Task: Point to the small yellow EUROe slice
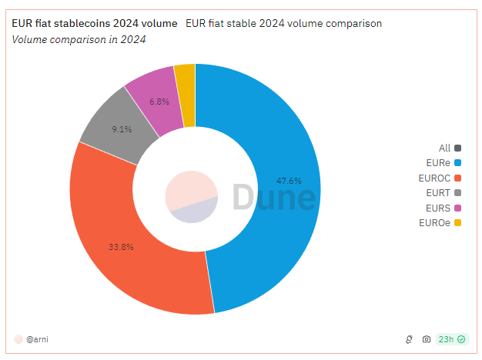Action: tap(185, 77)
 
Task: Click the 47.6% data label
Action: tap(289, 181)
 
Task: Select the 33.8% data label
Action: tap(122, 247)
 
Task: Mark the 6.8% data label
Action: tap(159, 102)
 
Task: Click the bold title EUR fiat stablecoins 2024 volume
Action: tap(94, 23)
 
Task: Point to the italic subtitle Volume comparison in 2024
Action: tap(79, 38)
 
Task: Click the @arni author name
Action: tap(38, 338)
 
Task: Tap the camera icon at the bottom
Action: tap(427, 339)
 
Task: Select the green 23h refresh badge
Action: tap(451, 339)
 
